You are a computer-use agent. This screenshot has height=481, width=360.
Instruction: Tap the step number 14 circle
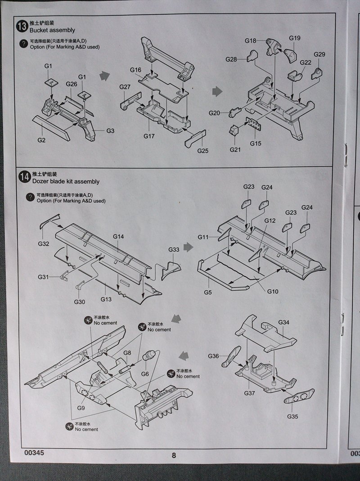22,177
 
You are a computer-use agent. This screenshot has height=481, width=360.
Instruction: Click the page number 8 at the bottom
174,455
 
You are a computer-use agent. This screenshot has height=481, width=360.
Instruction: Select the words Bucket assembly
52,30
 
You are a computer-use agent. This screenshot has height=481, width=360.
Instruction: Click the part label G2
41,140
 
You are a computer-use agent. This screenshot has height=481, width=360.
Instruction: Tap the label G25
203,151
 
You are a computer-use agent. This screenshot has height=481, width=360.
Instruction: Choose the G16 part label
136,70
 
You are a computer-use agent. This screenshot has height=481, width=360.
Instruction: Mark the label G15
256,144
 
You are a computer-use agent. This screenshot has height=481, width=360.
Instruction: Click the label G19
295,38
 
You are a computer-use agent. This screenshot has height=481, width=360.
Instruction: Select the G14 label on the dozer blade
118,236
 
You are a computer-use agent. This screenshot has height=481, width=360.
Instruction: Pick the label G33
174,250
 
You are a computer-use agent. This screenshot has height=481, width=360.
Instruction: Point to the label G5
207,292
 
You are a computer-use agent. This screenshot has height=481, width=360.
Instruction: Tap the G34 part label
283,322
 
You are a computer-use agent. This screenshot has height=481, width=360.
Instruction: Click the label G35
292,417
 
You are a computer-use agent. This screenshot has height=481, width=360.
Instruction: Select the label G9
81,408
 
